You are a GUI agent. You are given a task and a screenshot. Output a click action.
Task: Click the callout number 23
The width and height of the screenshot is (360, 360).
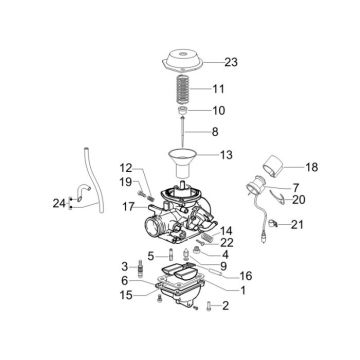(231, 62)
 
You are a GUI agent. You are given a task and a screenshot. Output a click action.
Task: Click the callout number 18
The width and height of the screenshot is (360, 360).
(311, 168)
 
